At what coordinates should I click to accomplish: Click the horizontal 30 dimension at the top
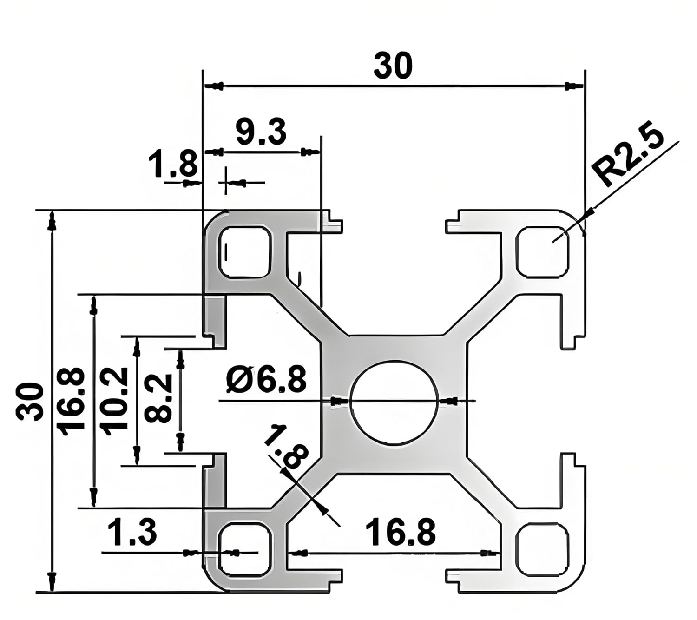coord(393,66)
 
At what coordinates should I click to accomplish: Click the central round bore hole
coord(395,402)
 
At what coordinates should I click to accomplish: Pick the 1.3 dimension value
coord(132,533)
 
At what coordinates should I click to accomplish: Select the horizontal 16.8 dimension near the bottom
coord(401,533)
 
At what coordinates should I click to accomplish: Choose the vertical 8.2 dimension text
coord(158,399)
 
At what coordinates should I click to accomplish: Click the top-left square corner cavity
coord(245,252)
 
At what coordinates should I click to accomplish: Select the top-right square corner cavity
coord(542,252)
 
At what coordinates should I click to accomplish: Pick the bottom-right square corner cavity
coord(542,549)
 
